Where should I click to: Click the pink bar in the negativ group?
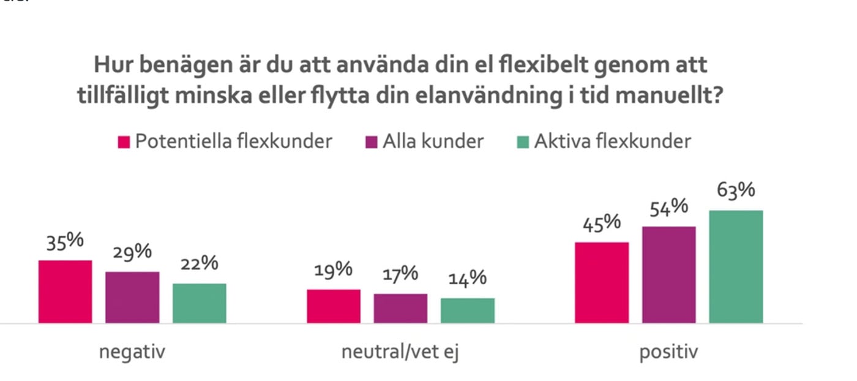click(x=65, y=292)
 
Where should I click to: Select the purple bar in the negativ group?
click(x=132, y=297)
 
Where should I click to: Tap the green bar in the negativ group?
click(x=199, y=303)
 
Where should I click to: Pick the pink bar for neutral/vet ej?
click(x=334, y=306)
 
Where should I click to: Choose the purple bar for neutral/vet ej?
click(x=401, y=308)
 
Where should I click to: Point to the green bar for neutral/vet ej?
click(x=468, y=311)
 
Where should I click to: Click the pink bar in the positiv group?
click(x=602, y=282)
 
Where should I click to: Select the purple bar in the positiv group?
click(x=669, y=274)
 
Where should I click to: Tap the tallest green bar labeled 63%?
click(x=736, y=266)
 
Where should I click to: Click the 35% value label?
click(x=65, y=241)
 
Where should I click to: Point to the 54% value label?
click(x=669, y=208)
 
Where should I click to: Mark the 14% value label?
click(x=468, y=279)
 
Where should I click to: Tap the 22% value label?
click(x=199, y=264)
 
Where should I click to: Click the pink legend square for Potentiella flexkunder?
click(x=124, y=142)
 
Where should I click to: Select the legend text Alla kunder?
click(x=433, y=141)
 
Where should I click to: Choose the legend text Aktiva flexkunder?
click(x=612, y=141)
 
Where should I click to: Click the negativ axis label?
click(x=132, y=353)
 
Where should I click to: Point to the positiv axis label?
click(x=668, y=353)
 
